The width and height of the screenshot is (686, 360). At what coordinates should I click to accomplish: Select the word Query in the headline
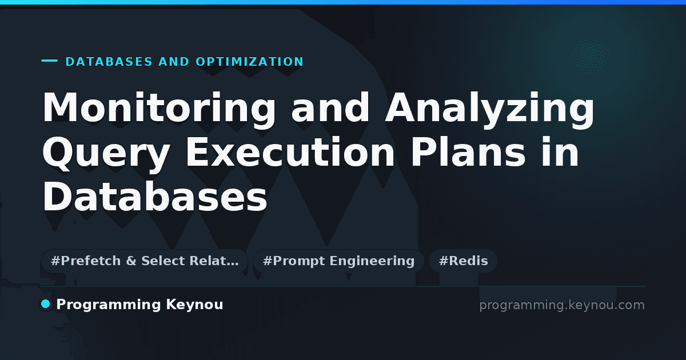106,154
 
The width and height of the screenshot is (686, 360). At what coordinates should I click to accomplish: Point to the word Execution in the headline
290,151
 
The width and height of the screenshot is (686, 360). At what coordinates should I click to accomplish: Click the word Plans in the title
468,151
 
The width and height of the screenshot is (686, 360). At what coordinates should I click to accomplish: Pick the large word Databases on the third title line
155,196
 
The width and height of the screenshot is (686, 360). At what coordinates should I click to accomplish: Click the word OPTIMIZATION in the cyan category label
250,62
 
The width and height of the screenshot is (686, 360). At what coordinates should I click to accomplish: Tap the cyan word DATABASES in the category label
109,62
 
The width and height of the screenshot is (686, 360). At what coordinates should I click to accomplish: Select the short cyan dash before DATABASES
49,61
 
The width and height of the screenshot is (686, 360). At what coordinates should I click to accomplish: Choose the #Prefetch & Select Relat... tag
145,261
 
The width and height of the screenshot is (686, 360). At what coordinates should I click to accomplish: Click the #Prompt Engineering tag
338,261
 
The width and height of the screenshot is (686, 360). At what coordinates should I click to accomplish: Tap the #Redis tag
463,261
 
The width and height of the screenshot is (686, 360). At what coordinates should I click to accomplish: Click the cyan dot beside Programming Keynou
46,304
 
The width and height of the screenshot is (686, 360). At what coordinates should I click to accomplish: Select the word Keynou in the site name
194,305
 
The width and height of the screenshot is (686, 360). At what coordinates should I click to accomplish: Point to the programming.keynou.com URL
562,305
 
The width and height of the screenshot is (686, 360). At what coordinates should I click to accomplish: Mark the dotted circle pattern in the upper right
590,57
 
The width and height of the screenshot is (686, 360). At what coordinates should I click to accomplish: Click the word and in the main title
330,108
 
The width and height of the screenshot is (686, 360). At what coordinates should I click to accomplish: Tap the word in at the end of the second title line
560,151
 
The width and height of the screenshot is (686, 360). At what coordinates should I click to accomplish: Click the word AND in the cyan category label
174,62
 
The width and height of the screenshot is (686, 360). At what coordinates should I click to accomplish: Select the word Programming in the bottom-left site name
109,305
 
